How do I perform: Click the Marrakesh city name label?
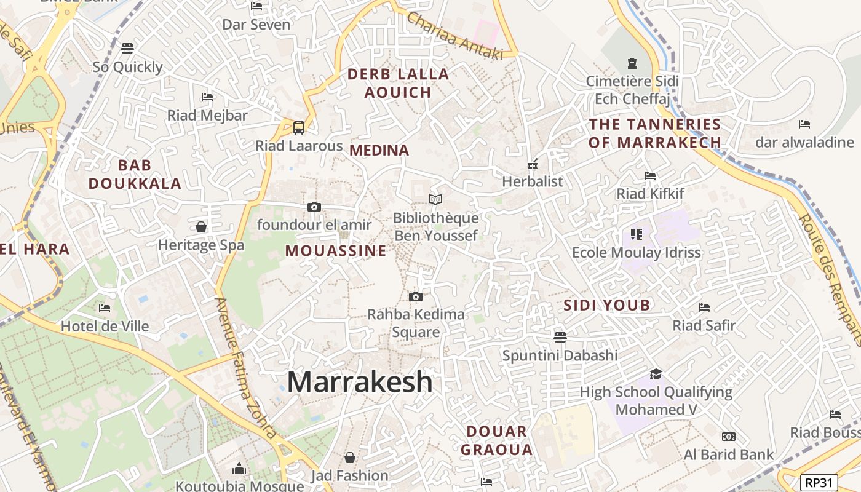point(360,382)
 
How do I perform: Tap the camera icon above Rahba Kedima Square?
point(416,297)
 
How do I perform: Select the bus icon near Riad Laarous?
point(299,128)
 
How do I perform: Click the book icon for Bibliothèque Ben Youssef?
point(435,199)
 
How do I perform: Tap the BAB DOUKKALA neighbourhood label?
point(135,174)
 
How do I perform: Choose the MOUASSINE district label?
point(336,251)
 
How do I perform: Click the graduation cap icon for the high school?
point(656,374)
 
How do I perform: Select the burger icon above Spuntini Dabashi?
point(560,337)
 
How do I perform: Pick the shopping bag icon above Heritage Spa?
point(200,227)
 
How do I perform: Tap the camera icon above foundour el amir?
point(314,207)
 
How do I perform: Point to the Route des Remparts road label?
point(830,280)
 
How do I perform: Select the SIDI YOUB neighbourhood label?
point(607,305)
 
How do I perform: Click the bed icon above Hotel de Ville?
point(105,307)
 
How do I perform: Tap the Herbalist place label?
point(533,181)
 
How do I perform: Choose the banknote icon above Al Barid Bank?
point(729,437)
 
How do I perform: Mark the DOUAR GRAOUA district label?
point(497,440)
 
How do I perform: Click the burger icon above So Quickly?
point(127,48)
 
